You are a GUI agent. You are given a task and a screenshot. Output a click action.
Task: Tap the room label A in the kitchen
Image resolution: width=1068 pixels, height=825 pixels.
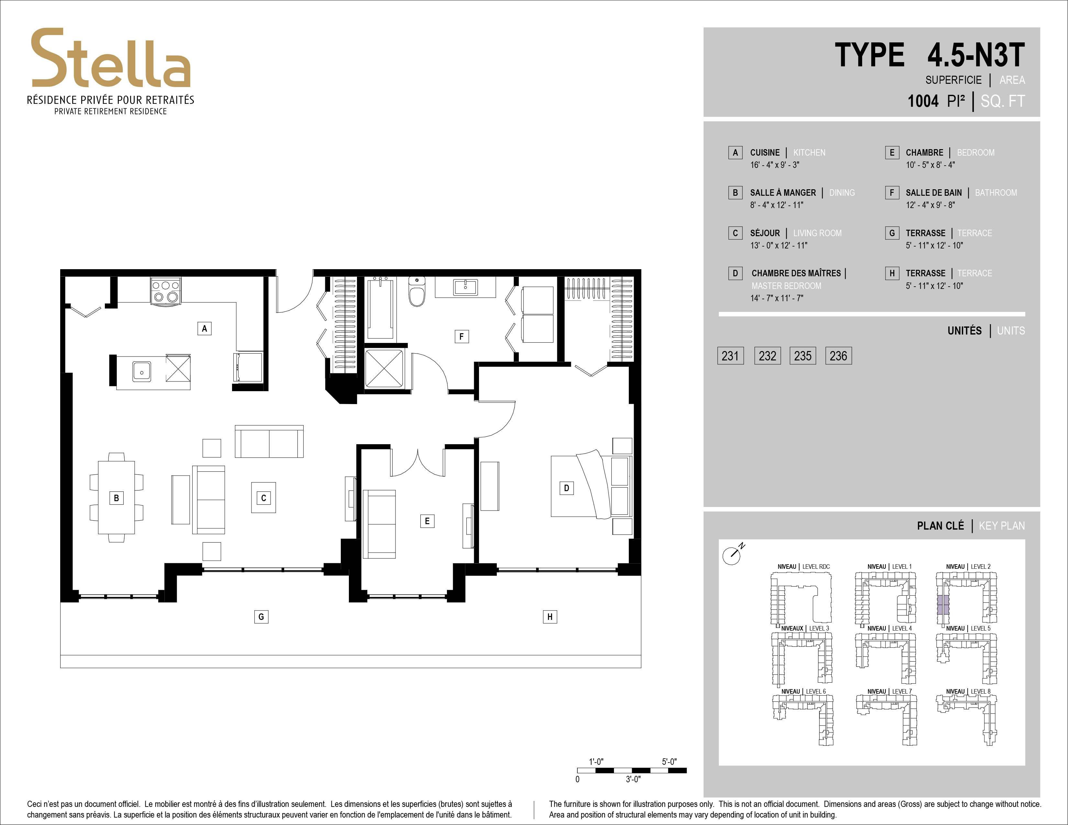[x=205, y=328]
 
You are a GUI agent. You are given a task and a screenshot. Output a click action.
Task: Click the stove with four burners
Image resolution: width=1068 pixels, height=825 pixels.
[x=165, y=291]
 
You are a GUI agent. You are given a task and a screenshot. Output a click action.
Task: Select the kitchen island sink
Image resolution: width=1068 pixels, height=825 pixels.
[x=142, y=372]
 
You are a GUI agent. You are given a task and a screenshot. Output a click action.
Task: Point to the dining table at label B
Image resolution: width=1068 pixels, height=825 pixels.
[x=117, y=498]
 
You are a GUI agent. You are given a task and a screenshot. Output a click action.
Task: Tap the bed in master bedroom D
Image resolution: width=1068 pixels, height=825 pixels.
[x=592, y=486]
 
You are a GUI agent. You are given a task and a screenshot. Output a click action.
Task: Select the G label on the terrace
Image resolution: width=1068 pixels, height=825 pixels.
[x=261, y=617]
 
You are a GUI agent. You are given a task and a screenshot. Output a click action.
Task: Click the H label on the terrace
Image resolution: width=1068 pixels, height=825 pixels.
[x=550, y=617]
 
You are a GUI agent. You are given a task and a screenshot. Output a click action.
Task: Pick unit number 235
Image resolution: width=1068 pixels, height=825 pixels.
[x=803, y=356]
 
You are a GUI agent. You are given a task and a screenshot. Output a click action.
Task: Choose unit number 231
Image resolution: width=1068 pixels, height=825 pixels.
[x=730, y=356]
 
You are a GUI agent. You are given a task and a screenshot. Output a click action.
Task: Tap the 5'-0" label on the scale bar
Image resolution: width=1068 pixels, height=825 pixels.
[x=669, y=762]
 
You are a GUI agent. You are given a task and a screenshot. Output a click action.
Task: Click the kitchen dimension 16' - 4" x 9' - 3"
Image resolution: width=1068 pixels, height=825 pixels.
[x=774, y=165]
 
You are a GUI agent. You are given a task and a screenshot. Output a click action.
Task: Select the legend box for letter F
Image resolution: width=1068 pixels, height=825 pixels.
[x=892, y=192]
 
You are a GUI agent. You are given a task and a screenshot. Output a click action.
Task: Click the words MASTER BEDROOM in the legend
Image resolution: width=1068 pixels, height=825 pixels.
[x=786, y=286]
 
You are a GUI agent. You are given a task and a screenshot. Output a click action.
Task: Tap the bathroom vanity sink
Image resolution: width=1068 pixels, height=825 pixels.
[x=465, y=287]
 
